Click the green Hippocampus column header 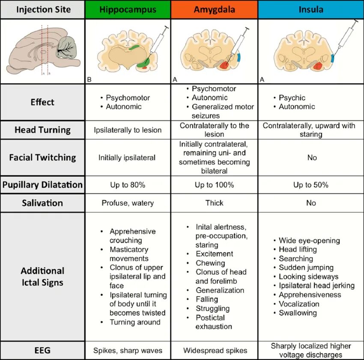128,9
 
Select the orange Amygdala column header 214,9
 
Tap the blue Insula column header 311,9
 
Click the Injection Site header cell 42,9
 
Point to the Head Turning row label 42,129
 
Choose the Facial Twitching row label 42,157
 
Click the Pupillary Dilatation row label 42,185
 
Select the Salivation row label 42,203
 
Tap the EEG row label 42,350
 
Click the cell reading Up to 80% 128,185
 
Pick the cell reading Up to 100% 214,185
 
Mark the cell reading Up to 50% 311,185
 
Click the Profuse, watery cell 128,203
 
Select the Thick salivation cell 214,203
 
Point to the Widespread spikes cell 214,350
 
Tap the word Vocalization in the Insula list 299,304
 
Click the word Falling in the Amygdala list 207,299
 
